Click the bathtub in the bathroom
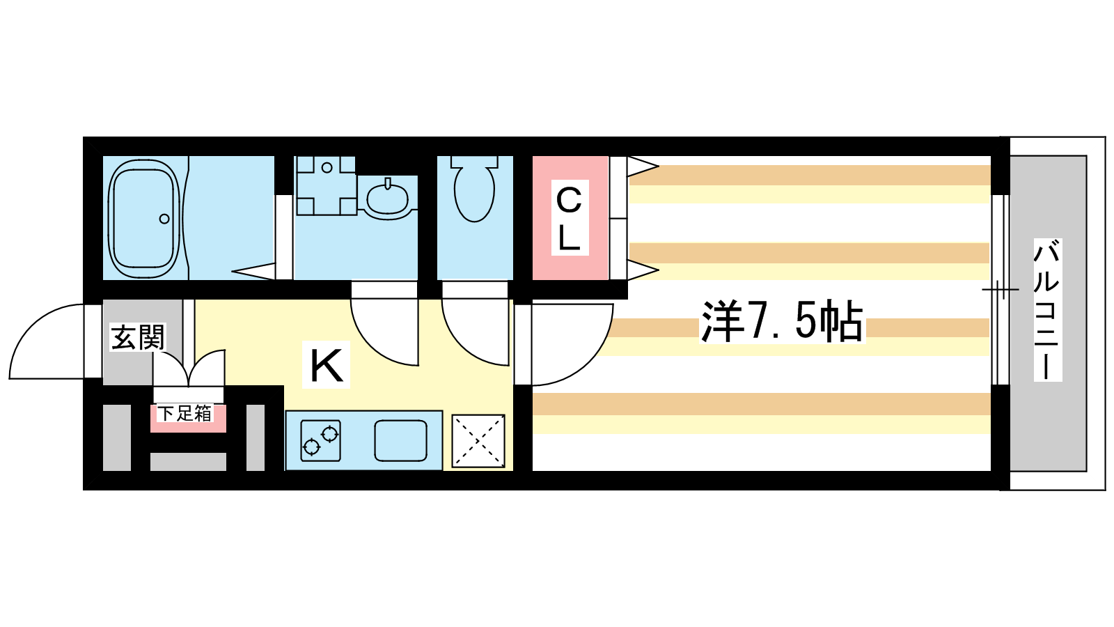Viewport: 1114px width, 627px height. pos(143,219)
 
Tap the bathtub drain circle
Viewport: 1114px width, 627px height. pos(164,219)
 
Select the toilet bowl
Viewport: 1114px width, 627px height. pos(474,189)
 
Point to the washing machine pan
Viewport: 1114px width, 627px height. pos(327,185)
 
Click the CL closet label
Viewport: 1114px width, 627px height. pos(570,218)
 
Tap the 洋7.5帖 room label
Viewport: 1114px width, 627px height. pos(783,321)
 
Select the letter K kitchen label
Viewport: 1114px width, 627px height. pos(327,365)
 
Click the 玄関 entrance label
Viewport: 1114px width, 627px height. pos(138,337)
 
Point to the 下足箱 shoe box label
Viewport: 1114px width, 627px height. pos(185,414)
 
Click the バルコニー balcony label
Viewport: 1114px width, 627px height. pos(1048,310)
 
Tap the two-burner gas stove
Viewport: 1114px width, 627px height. pos(321,440)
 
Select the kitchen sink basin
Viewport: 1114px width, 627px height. pos(400,441)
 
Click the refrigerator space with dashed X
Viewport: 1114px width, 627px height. pos(478,441)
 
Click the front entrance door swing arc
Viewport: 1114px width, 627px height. pos(46,341)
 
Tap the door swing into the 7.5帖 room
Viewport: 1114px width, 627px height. pos(572,344)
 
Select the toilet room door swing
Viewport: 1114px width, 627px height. pos(476,332)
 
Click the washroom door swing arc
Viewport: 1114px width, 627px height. pos(384,332)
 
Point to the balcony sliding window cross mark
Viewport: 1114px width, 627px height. pos(1000,289)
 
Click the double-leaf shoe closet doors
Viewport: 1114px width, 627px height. pos(189,369)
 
